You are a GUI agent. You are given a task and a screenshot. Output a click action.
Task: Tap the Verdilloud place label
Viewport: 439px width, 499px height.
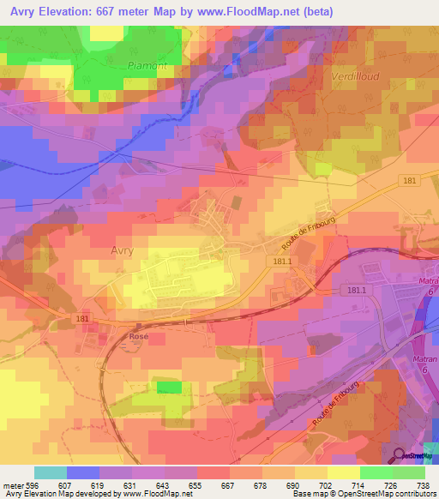(x=353, y=76)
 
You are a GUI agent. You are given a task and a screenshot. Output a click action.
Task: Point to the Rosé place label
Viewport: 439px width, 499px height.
(x=139, y=336)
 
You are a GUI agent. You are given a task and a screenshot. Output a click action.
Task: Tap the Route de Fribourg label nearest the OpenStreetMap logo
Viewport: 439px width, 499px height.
(x=334, y=409)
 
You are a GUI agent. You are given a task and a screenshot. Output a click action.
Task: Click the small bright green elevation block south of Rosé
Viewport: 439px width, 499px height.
(x=169, y=388)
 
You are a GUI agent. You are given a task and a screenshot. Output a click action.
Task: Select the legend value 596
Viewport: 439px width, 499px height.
(x=33, y=484)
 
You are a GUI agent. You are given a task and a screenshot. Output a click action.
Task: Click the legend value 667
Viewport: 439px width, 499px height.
(x=229, y=484)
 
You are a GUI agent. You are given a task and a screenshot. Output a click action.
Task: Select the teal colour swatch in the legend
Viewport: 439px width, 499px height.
(x=50, y=472)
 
